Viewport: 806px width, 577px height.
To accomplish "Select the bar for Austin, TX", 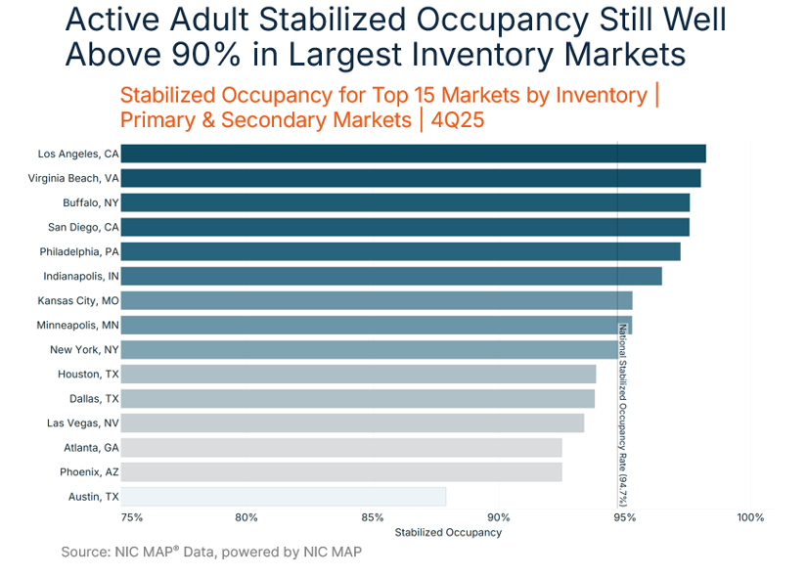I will pos(284,497).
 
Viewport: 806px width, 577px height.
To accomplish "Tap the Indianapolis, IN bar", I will pos(391,276).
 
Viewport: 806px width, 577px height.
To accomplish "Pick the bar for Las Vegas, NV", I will pos(352,422).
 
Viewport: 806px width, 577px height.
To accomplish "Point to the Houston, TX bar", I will pos(358,374).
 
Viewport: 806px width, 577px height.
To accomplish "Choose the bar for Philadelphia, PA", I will pos(400,251).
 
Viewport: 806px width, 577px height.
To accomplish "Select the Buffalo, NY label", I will pos(91,202).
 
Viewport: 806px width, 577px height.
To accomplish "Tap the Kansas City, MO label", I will pos(78,300).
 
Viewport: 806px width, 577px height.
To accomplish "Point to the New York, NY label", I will pos(85,349).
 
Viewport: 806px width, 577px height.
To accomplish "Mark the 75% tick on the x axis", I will pos(132,517).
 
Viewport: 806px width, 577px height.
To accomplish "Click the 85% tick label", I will pos(373,517).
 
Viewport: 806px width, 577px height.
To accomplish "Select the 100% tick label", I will pos(750,517).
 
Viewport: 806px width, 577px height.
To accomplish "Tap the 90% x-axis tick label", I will pos(499,517).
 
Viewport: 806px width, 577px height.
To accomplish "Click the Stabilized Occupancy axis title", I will pos(448,533).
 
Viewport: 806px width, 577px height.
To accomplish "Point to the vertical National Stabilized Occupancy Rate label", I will pos(622,415).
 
